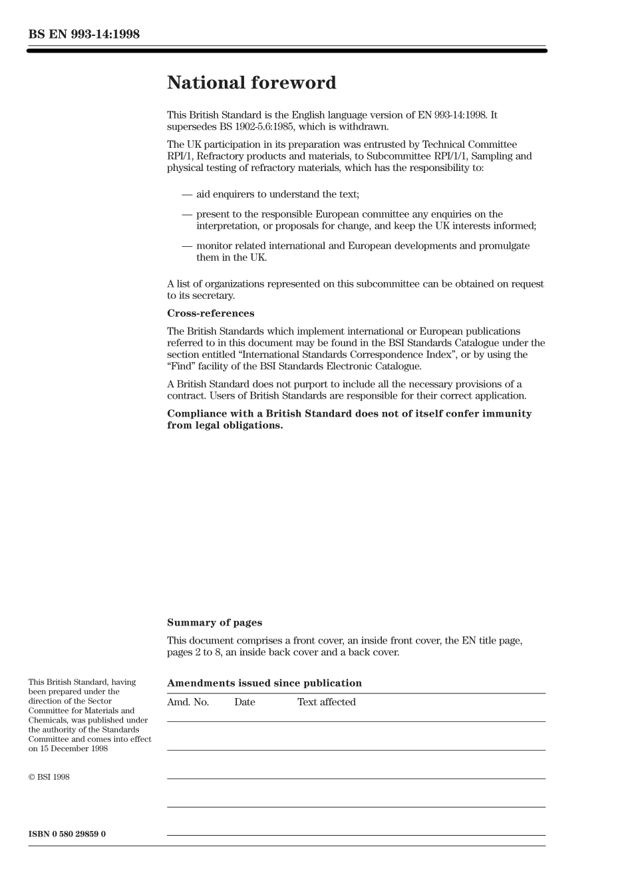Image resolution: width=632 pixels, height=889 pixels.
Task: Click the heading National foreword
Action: pyautogui.click(x=251, y=83)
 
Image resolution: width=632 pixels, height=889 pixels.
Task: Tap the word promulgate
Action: pyautogui.click(x=503, y=246)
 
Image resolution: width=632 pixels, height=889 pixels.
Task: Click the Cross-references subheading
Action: pyautogui.click(x=210, y=313)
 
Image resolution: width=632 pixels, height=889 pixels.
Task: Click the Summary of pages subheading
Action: pyautogui.click(x=214, y=623)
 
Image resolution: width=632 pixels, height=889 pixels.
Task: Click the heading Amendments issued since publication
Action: pyautogui.click(x=264, y=683)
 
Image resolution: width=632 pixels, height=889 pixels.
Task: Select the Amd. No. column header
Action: pyautogui.click(x=188, y=702)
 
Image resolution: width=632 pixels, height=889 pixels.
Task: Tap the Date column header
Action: pyautogui.click(x=244, y=702)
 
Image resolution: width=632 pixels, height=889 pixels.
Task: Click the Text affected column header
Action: pyautogui.click(x=326, y=702)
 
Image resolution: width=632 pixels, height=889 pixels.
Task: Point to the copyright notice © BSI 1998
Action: pyautogui.click(x=49, y=777)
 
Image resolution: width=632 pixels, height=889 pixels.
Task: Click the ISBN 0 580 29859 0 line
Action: pyautogui.click(x=67, y=834)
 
